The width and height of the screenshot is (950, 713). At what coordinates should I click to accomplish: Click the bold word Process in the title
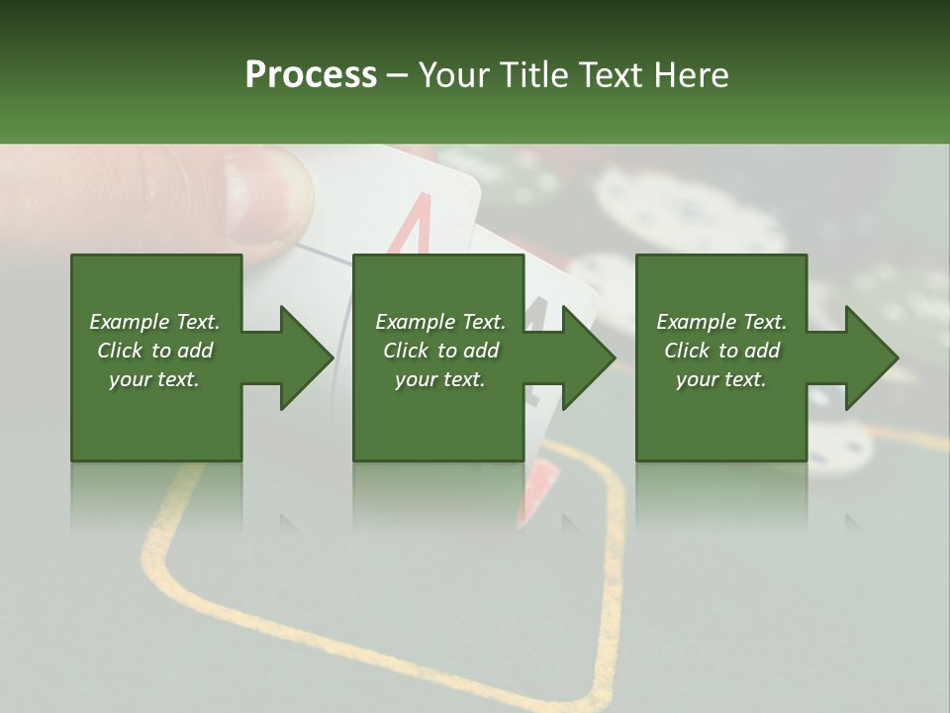pos(311,74)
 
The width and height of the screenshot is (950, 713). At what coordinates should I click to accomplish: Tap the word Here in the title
pos(692,74)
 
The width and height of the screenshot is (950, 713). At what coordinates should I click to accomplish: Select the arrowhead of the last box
pos(871,357)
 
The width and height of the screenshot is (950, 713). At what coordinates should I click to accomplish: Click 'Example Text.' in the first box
pos(154,322)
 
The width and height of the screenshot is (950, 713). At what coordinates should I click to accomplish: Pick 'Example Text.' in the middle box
pos(439,322)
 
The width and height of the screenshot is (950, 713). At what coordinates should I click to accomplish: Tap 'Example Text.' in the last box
pos(721,322)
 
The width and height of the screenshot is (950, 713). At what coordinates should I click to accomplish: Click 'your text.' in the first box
pos(154,379)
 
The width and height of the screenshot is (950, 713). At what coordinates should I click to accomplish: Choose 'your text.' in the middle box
pos(439,379)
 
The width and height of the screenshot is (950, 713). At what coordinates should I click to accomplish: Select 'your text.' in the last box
pos(721,379)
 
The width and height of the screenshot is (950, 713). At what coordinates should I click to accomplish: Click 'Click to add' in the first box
pos(154,351)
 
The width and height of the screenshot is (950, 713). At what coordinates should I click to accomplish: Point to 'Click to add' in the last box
pos(721,351)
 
